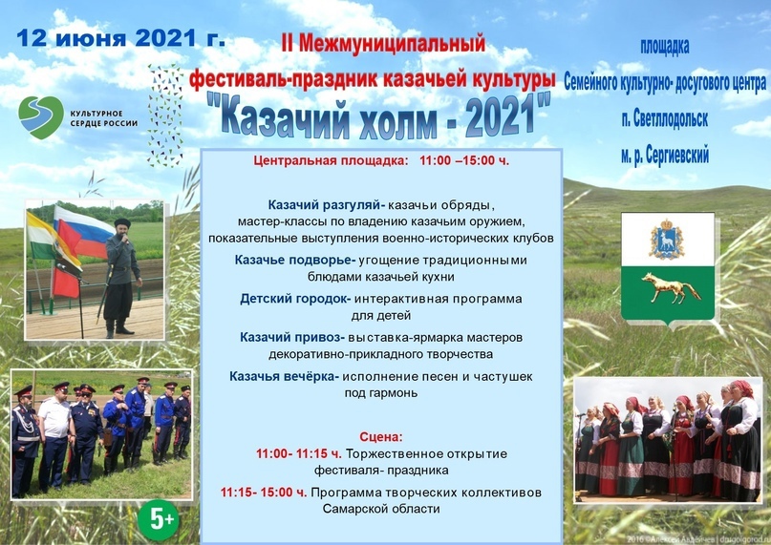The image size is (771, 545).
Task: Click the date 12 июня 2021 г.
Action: point(121,38)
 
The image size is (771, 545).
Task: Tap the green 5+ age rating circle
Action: point(158,519)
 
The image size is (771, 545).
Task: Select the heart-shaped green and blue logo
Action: point(41,117)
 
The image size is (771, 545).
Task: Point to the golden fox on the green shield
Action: point(670,288)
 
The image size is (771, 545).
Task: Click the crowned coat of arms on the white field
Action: point(666,240)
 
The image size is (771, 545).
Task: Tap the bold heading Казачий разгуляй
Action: point(327,205)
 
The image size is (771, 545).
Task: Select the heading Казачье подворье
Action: point(295,260)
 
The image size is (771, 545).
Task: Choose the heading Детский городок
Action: point(295,299)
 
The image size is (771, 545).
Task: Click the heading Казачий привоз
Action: point(292,338)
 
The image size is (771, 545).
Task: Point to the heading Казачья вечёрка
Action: point(284,376)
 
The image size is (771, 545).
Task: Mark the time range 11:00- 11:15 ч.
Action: point(298,453)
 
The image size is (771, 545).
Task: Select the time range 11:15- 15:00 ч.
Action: point(264,493)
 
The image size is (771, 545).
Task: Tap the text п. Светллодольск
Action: point(665,119)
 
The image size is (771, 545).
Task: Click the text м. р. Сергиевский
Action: point(665,156)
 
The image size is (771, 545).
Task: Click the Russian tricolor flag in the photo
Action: point(83,232)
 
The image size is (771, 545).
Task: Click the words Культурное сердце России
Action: point(104,118)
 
